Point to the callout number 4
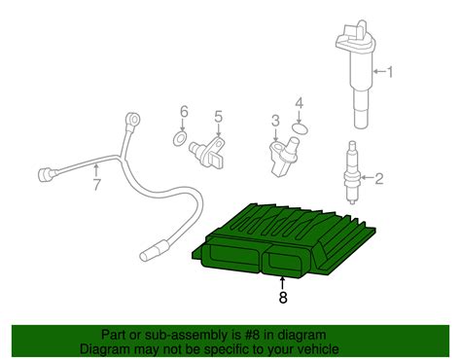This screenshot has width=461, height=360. [x=300, y=102]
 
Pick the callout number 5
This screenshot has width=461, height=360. [x=218, y=117]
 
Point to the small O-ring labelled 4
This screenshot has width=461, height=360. [x=300, y=127]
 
